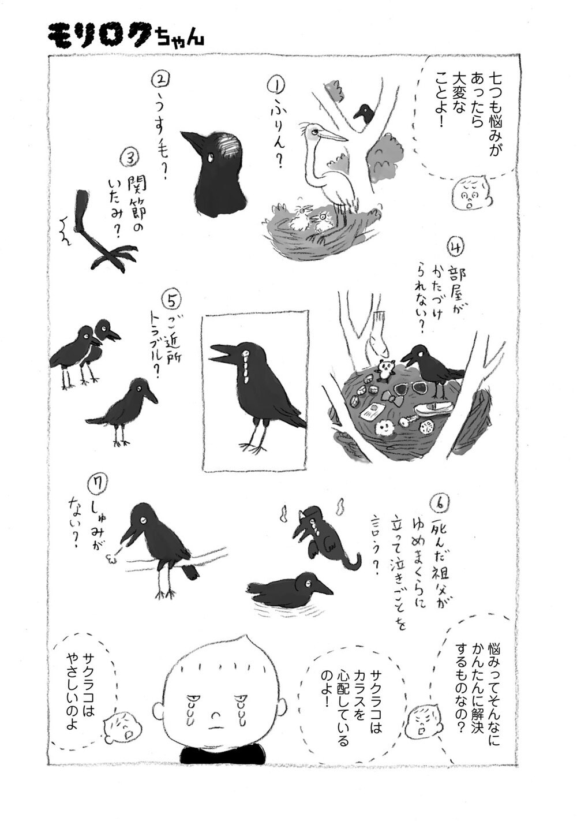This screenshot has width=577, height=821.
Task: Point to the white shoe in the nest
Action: (432, 408)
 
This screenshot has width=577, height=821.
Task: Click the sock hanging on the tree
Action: (377, 335)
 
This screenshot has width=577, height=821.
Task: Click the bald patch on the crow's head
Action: (226, 146)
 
